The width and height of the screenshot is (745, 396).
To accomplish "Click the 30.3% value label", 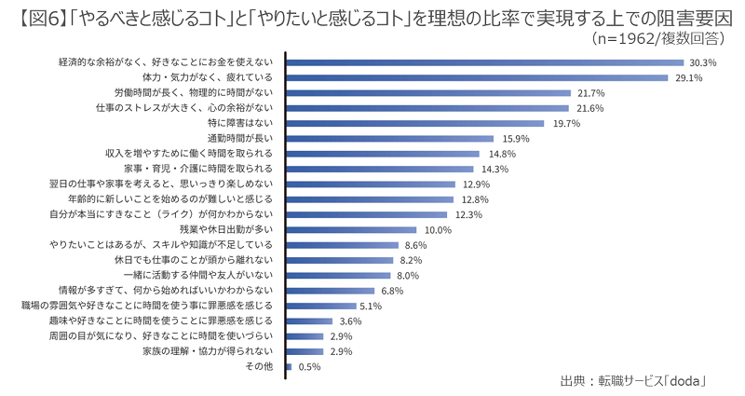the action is (703, 62).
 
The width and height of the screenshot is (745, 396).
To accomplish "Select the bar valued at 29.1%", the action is (477, 78).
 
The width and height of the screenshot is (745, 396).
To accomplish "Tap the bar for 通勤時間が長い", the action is (389, 139).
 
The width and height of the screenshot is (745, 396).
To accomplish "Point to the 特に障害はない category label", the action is (240, 123).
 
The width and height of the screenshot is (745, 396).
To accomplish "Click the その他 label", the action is (259, 366).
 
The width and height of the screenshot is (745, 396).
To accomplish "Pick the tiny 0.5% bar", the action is (289, 367).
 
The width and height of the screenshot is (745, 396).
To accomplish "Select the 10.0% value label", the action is (438, 230).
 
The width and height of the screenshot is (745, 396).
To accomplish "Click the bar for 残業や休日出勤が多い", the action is (351, 230).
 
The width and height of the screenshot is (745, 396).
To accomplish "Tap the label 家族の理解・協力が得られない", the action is (208, 351).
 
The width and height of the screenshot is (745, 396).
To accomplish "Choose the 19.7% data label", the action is (566, 124).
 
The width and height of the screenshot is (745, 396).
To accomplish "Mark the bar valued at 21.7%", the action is (428, 93).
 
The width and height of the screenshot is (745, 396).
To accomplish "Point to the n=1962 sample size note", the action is (626, 38).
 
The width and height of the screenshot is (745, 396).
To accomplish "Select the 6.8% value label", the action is (392, 291).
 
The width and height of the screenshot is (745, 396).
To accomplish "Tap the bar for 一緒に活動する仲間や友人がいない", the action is (338, 276).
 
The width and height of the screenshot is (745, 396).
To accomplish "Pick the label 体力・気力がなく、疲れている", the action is (208, 77).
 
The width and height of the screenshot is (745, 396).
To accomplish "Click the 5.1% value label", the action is (371, 307).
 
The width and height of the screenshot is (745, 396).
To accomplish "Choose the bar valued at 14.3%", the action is (380, 170).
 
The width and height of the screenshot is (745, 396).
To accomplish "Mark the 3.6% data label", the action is (351, 321).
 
